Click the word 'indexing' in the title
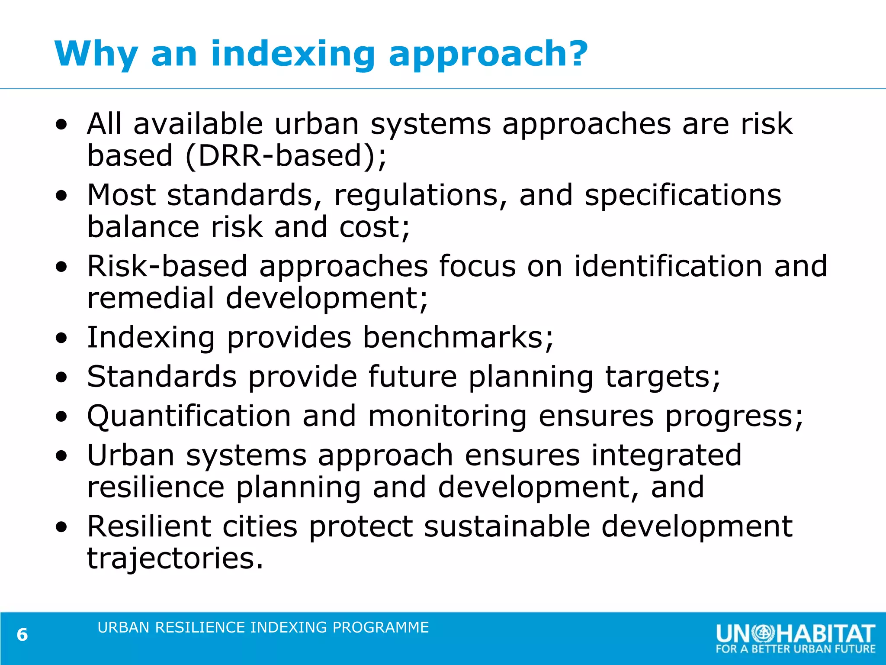point(292,54)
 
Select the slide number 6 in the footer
point(22,635)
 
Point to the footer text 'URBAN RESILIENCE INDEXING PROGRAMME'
point(263,627)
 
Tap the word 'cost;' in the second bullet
point(375,227)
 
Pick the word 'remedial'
point(151,298)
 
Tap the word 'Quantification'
point(189,416)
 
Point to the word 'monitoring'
point(447,416)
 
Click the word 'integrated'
point(666,455)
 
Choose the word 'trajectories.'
point(175,558)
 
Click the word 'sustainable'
point(507,526)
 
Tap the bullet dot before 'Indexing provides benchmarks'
point(62,338)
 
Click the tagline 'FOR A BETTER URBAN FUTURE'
point(795,649)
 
